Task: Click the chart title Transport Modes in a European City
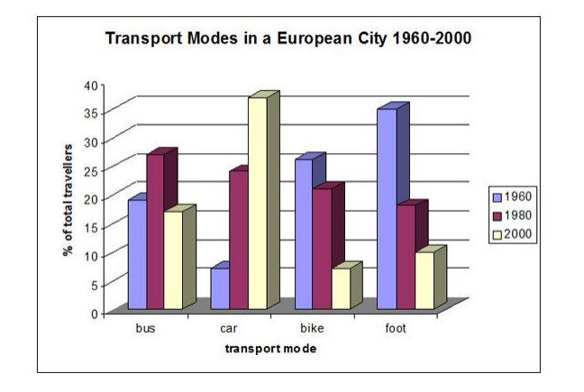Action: tap(288, 39)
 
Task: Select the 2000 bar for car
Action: tap(258, 203)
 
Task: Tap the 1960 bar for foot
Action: tap(387, 209)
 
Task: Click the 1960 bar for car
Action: tap(219, 288)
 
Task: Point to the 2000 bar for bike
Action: tap(340, 288)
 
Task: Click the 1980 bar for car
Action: tap(238, 240)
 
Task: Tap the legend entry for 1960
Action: tap(511, 196)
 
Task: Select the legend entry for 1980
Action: tap(511, 215)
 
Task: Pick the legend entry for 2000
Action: tap(511, 234)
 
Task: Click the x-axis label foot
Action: tap(396, 329)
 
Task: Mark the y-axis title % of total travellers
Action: tap(68, 198)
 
